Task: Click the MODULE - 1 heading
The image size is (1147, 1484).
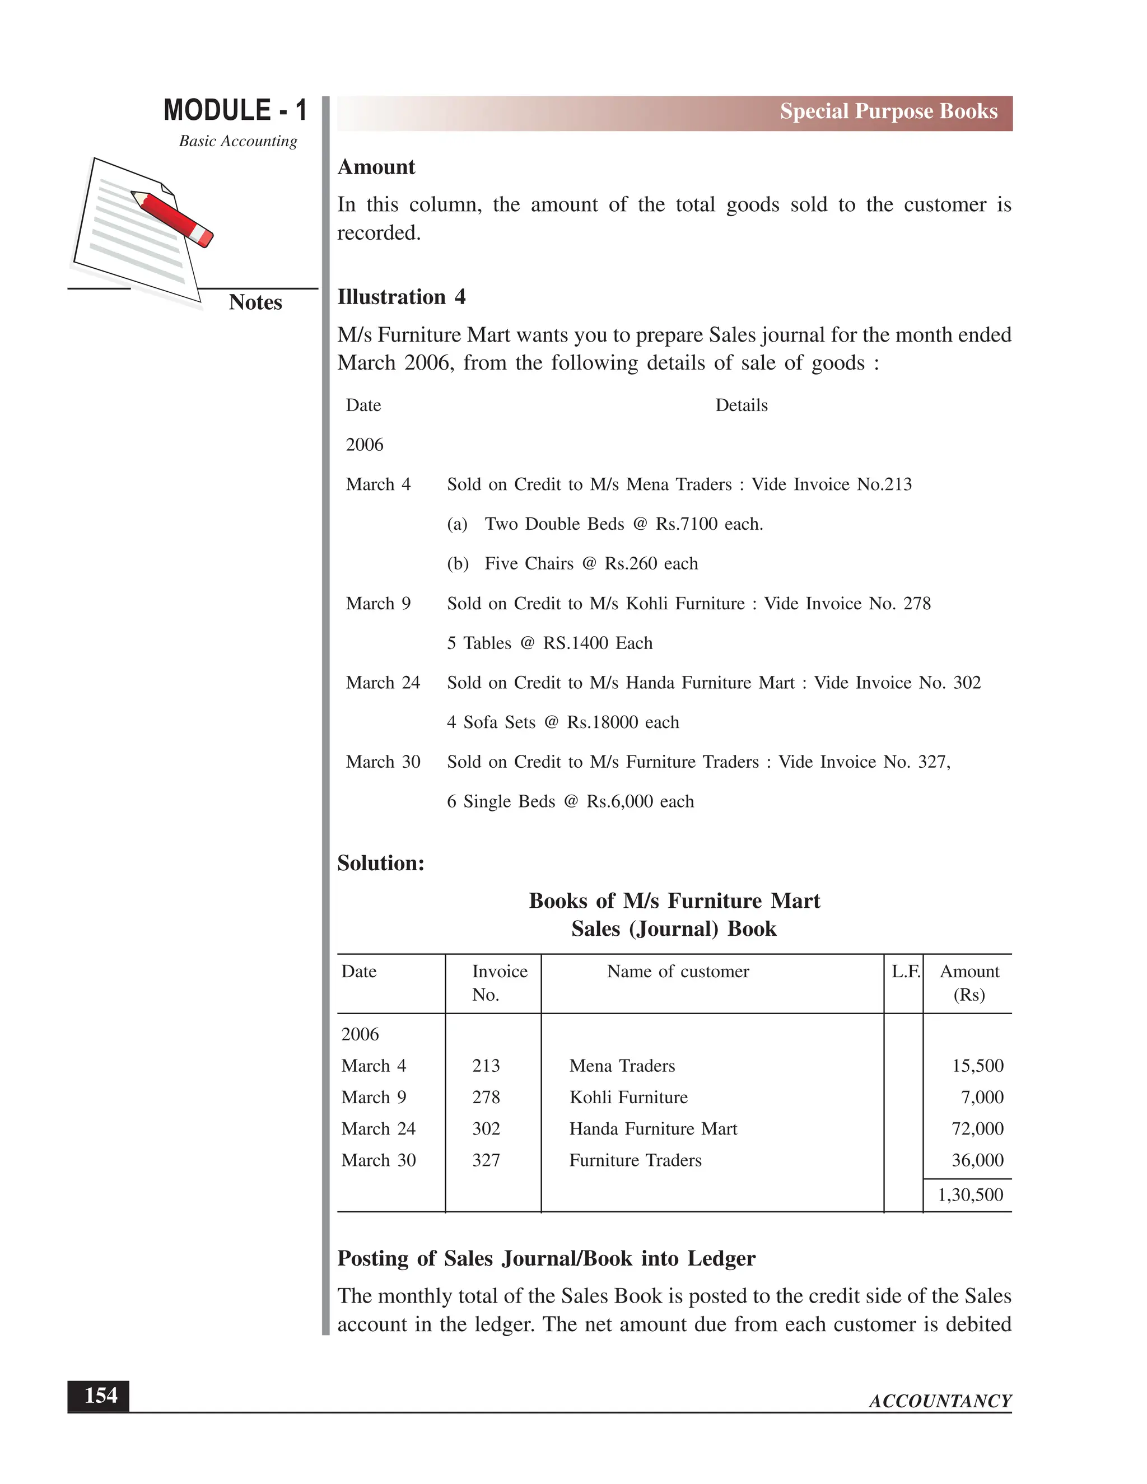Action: point(235,110)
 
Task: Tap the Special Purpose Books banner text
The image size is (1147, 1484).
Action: point(888,111)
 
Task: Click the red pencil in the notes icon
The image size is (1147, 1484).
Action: point(172,218)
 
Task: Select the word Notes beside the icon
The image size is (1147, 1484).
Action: point(255,302)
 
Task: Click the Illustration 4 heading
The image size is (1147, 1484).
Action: point(401,297)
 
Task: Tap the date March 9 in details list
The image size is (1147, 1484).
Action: point(378,603)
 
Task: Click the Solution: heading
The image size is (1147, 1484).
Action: point(380,863)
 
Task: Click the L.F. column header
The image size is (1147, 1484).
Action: point(905,972)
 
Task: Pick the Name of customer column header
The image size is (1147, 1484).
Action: point(678,972)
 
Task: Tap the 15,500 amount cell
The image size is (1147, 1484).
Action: point(977,1066)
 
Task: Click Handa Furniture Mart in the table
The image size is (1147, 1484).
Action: point(652,1128)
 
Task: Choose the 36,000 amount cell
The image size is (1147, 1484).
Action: point(977,1160)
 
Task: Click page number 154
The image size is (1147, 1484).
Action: point(101,1396)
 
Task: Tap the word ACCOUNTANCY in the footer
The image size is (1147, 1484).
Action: point(940,1401)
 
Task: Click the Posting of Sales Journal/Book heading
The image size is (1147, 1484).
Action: point(545,1258)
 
